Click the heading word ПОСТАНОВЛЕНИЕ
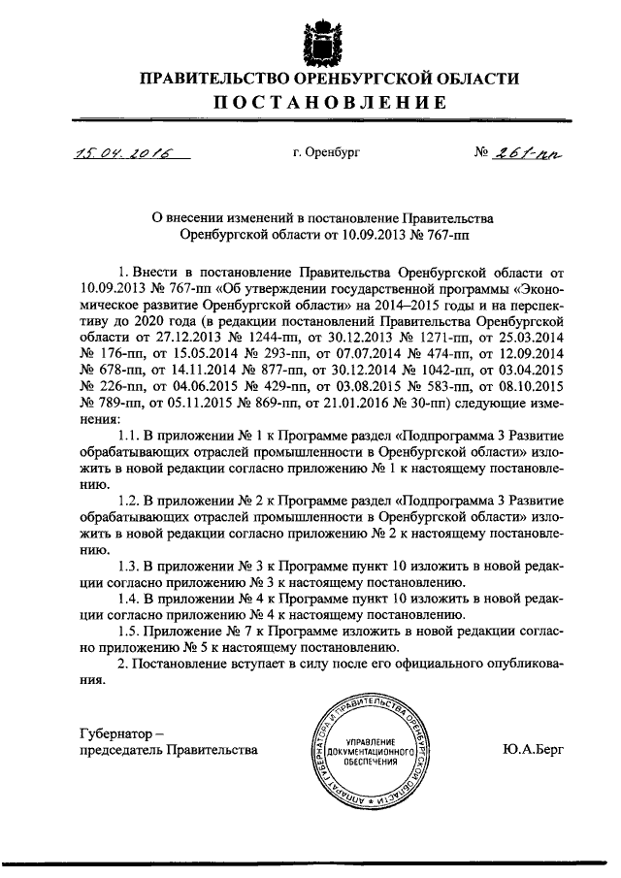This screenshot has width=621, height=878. coord(310,102)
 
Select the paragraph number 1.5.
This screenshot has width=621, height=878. coord(127,632)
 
